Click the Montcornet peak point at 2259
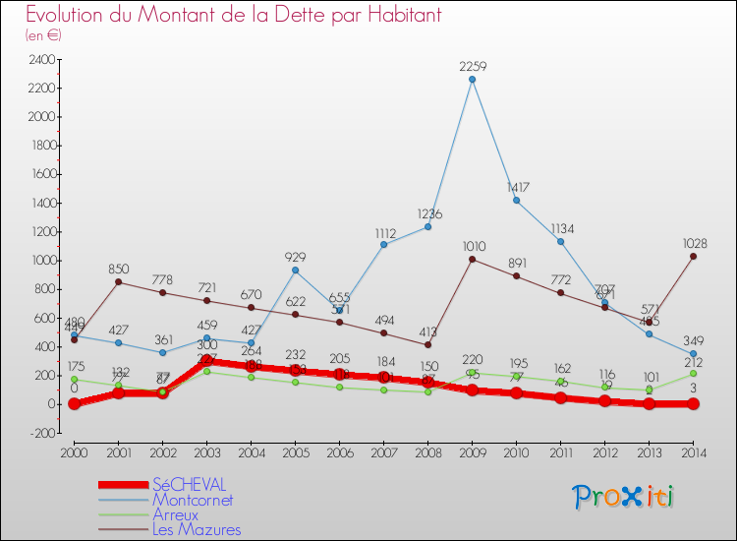(x=473, y=80)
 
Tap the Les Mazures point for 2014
(x=694, y=257)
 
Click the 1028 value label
(x=694, y=243)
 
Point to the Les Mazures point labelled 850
(x=118, y=282)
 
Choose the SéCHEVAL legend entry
(x=188, y=484)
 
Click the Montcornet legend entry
(x=194, y=500)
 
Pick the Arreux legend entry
(x=176, y=514)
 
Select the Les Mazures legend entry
(x=197, y=529)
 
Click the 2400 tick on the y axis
(x=42, y=59)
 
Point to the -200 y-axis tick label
(x=43, y=433)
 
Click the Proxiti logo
(x=624, y=497)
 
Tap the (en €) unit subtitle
(x=44, y=34)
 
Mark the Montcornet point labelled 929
(x=295, y=270)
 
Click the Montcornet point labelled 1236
(x=428, y=227)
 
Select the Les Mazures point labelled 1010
(x=473, y=259)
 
